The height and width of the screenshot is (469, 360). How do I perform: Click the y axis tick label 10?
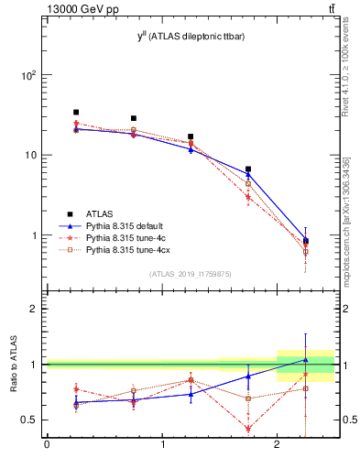coord(32,155)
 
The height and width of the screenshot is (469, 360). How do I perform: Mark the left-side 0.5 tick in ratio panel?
coord(30,420)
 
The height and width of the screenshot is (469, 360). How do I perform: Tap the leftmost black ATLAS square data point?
coord(76,113)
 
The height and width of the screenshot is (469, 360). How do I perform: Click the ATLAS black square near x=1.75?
coord(248,169)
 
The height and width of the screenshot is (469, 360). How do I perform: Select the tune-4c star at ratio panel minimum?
coord(248,429)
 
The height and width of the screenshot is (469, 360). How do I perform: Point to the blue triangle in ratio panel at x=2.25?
coord(306,359)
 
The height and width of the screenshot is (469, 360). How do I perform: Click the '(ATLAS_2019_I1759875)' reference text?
coord(191,273)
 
